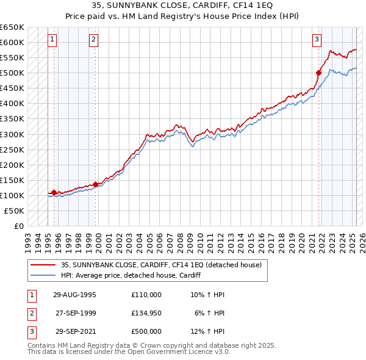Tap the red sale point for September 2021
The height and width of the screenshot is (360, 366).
click(x=318, y=73)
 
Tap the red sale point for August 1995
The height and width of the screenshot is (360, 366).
click(x=54, y=192)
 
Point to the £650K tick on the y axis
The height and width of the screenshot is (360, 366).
click(x=12, y=27)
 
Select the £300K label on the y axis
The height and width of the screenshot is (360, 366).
click(x=12, y=134)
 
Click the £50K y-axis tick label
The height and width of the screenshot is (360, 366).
click(x=14, y=211)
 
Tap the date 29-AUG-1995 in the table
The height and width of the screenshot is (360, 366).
click(x=74, y=295)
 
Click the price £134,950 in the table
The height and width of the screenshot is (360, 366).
click(x=146, y=313)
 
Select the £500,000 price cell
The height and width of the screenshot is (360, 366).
click(x=146, y=331)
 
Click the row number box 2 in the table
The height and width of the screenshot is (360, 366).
click(x=30, y=313)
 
